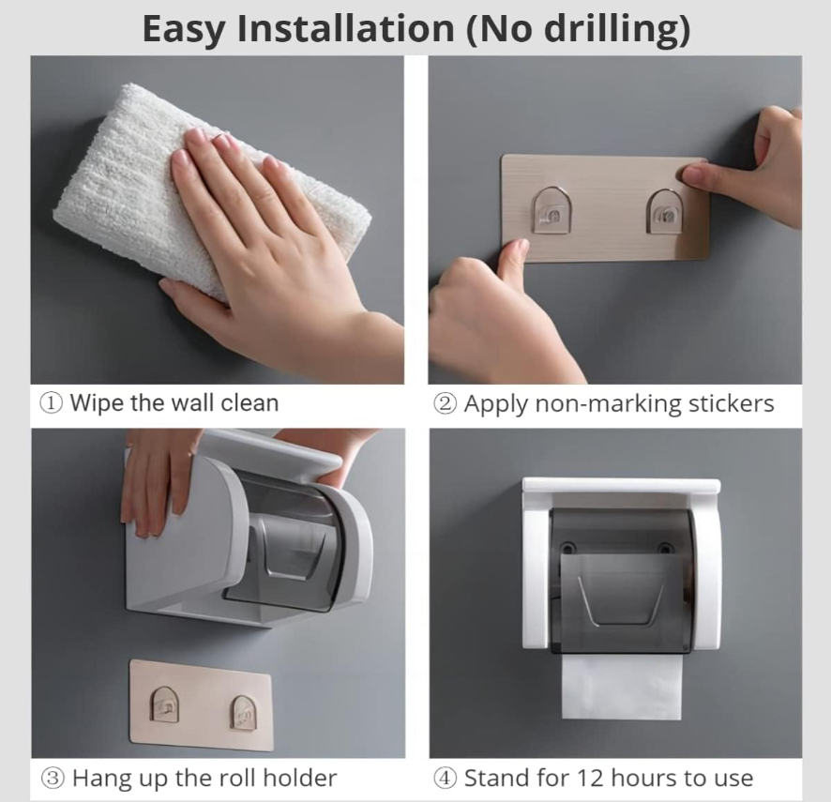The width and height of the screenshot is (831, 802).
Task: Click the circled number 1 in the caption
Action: pyautogui.click(x=51, y=404)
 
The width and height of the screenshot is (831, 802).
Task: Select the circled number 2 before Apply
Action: pyautogui.click(x=445, y=404)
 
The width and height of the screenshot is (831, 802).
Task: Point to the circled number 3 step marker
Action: pyautogui.click(x=53, y=778)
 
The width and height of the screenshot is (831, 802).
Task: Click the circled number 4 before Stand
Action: pyautogui.click(x=445, y=778)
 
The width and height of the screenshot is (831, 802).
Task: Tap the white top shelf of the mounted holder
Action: pyautogui.click(x=621, y=488)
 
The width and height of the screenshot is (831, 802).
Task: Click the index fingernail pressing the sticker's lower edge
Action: pyautogui.click(x=516, y=249)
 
